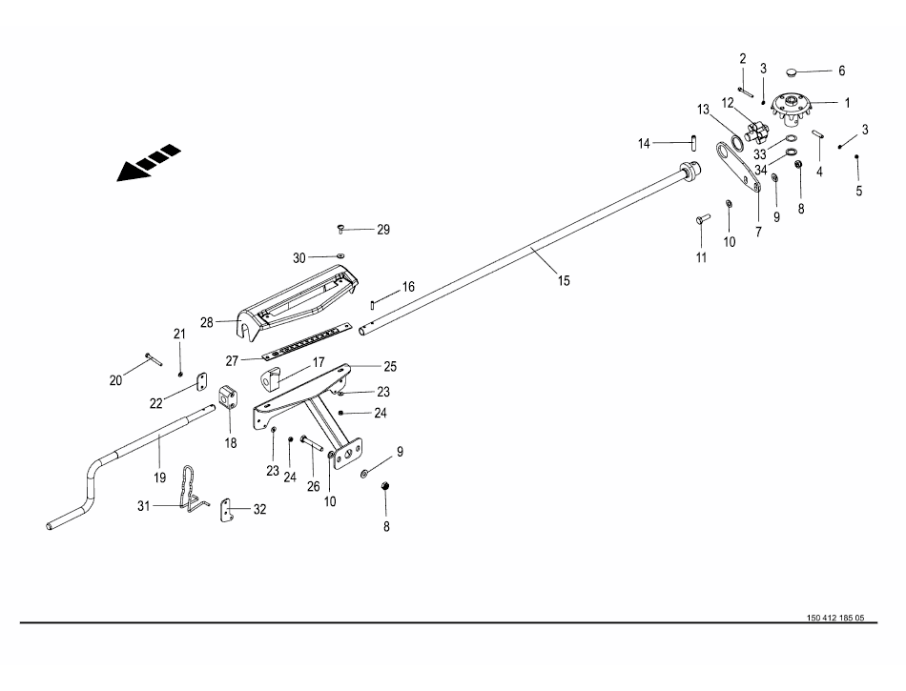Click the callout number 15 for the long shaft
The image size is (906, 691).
(564, 280)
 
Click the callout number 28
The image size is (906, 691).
(207, 323)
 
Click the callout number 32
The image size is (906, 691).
(259, 510)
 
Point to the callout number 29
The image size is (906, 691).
(383, 230)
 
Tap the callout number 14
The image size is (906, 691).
(645, 144)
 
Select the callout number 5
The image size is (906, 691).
(858, 191)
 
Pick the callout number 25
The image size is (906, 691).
(390, 366)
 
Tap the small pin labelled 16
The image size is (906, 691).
(372, 305)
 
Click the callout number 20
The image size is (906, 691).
(116, 380)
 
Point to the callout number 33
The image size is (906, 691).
(760, 153)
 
